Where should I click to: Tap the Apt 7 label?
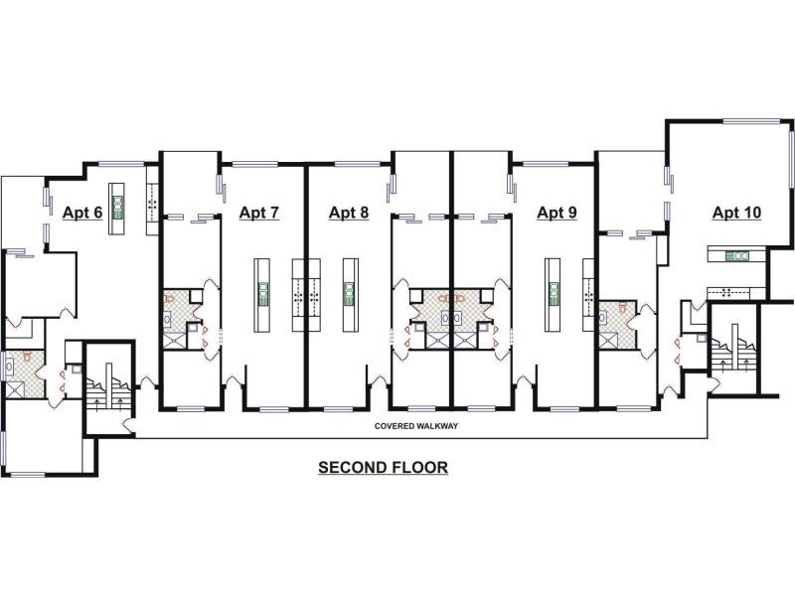click(x=258, y=212)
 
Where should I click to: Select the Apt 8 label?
click(x=349, y=212)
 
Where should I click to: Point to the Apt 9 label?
click(x=556, y=212)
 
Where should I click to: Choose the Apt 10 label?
click(x=736, y=212)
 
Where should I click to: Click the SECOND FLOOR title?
click(x=383, y=467)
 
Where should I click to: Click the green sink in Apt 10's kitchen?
click(x=736, y=256)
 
